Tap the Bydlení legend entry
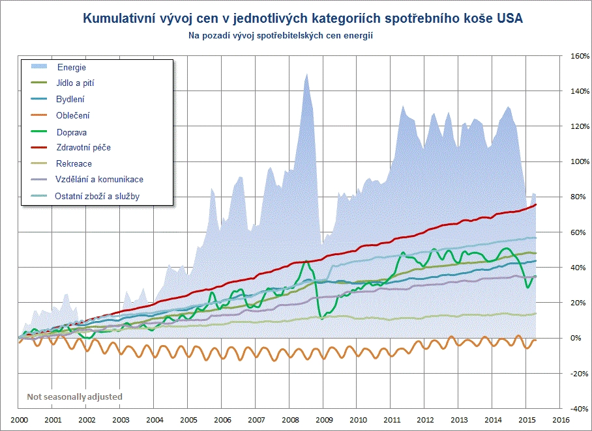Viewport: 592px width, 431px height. pyautogui.click(x=70, y=100)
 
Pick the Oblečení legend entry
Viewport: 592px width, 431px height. pyautogui.click(x=73, y=115)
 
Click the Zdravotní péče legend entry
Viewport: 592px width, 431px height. pyautogui.click(x=83, y=148)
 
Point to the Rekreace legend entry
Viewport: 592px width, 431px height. pyautogui.click(x=74, y=164)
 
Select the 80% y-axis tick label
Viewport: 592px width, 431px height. pyautogui.click(x=574, y=197)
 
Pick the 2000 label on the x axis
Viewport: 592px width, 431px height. pyautogui.click(x=19, y=420)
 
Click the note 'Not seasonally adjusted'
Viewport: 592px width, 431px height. pyautogui.click(x=74, y=396)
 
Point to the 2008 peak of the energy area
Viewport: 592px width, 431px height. pyautogui.click(x=306, y=75)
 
